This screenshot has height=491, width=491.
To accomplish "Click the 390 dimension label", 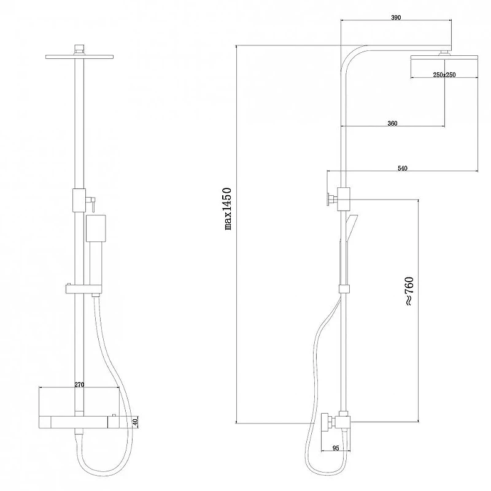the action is point(396,18).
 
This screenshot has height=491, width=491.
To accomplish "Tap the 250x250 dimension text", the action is point(444,75).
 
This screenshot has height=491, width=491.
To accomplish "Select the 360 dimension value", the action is point(392,123).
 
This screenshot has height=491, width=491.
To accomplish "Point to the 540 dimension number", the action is point(403,168).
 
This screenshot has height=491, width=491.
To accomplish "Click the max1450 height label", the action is point(228,209).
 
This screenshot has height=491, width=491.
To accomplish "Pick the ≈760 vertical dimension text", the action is point(409,291).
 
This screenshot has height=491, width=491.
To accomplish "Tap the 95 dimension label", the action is point(336,448).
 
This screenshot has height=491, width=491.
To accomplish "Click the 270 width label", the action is point(79,385).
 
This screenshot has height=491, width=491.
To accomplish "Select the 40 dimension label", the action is point(135,422).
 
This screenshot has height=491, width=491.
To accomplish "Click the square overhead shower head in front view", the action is point(79,56).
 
